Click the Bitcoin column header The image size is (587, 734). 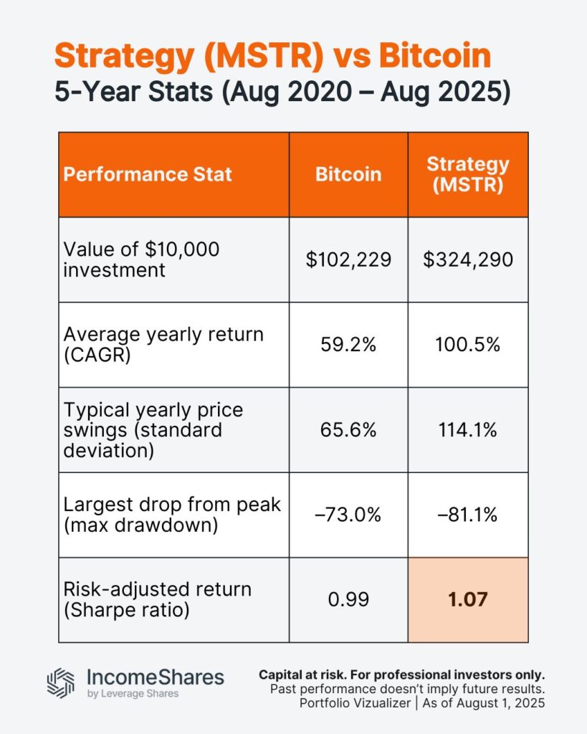click(348, 174)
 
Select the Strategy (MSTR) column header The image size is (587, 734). click(467, 174)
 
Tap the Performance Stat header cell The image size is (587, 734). click(148, 174)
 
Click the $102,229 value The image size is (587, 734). click(348, 259)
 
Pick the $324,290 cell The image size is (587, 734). click(467, 259)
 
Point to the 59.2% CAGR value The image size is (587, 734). click(348, 345)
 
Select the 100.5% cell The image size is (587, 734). click(467, 345)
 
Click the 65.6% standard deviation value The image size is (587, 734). click(348, 430)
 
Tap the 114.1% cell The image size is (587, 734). click(467, 430)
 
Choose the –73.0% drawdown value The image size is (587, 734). click(348, 515)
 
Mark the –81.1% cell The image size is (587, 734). click(467, 515)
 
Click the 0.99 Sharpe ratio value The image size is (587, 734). click(348, 600)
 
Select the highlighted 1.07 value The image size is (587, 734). click(467, 600)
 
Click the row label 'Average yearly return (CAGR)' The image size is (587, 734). click(163, 345)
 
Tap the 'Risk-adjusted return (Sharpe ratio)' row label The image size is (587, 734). click(157, 600)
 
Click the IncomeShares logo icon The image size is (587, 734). click(61, 683)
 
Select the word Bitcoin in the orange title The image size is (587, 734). click(435, 56)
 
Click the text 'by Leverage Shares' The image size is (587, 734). click(133, 694)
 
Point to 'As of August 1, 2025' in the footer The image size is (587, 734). click(484, 703)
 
